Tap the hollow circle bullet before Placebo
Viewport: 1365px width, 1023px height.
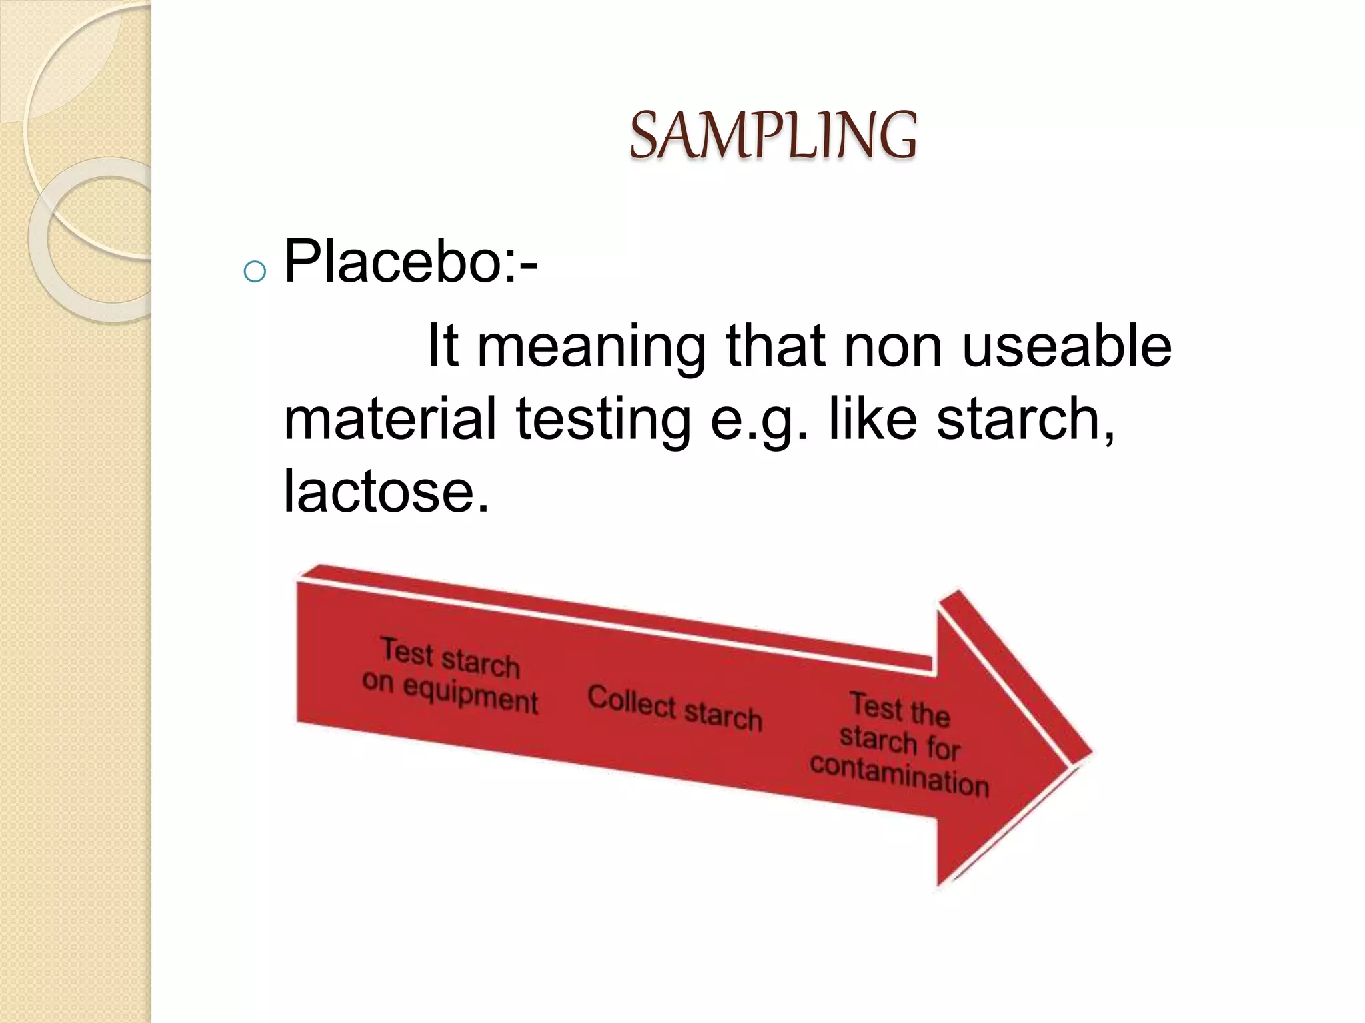(x=255, y=271)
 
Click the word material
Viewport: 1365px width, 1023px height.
(x=390, y=419)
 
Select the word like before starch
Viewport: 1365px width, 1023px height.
(x=872, y=419)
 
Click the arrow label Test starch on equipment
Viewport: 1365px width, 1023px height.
(x=451, y=675)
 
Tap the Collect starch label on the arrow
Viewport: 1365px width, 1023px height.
(x=675, y=708)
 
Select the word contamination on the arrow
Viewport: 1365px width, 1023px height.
(x=899, y=777)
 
